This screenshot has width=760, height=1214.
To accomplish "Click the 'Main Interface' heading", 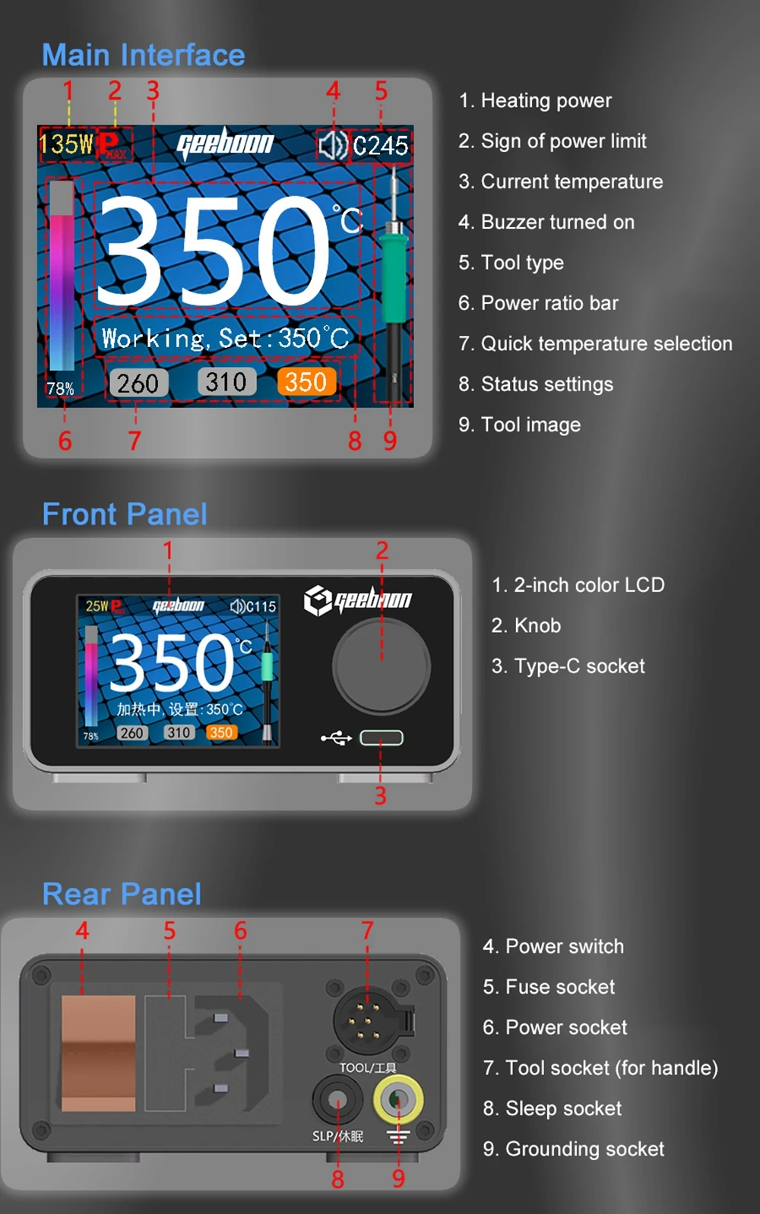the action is pyautogui.click(x=144, y=55).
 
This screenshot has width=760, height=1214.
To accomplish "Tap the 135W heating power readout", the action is pyautogui.click(x=65, y=144).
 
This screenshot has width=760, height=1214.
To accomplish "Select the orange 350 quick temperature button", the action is pyautogui.click(x=306, y=382).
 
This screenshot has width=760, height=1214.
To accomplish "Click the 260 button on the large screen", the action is pyautogui.click(x=138, y=384).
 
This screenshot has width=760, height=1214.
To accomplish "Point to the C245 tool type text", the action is pyautogui.click(x=381, y=146).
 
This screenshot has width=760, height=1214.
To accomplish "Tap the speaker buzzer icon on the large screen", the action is pyautogui.click(x=332, y=145).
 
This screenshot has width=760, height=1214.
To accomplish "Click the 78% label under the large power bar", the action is pyautogui.click(x=60, y=389).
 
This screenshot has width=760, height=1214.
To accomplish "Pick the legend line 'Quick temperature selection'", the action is pyautogui.click(x=595, y=343).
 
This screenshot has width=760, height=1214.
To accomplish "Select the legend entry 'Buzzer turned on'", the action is pyautogui.click(x=546, y=222).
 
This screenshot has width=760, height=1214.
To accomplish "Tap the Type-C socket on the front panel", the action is pyautogui.click(x=382, y=738).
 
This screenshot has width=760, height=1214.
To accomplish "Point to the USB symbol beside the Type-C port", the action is pyautogui.click(x=337, y=738).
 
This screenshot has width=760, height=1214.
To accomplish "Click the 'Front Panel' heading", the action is pyautogui.click(x=125, y=514).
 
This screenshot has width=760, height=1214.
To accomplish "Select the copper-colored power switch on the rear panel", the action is pyautogui.click(x=98, y=1054).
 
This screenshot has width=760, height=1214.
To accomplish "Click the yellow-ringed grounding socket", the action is pyautogui.click(x=398, y=1099).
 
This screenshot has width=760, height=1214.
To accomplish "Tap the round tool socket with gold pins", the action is pyautogui.click(x=368, y=1021).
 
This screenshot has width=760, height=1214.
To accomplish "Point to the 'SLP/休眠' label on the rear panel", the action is pyautogui.click(x=337, y=1136).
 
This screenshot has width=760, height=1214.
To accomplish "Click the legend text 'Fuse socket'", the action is pyautogui.click(x=549, y=987).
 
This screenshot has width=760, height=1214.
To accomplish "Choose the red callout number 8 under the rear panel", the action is pyautogui.click(x=337, y=1179).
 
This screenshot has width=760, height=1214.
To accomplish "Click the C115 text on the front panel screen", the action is pyautogui.click(x=260, y=606).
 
